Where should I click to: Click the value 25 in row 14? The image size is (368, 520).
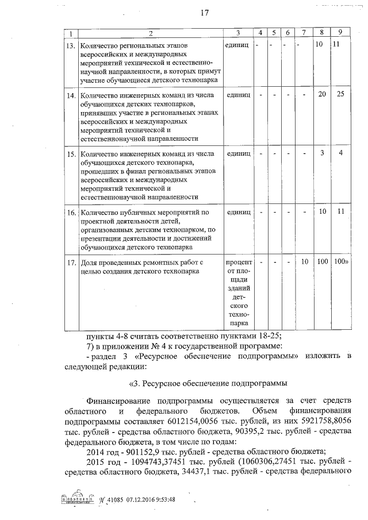[340, 94]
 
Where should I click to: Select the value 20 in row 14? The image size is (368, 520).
[323, 94]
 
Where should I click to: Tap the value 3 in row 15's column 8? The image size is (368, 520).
[323, 153]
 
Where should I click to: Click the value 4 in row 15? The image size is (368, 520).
[340, 153]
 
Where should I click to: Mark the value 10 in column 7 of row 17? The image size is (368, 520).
[305, 262]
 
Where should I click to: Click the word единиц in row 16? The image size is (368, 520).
[239, 212]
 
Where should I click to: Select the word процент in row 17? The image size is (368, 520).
[239, 263]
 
